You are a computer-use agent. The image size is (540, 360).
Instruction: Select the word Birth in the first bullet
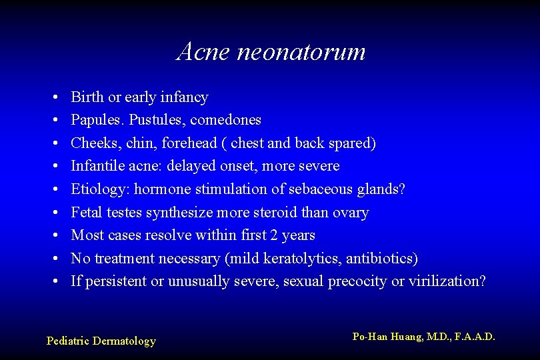[87, 97]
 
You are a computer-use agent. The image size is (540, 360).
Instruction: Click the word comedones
[230, 120]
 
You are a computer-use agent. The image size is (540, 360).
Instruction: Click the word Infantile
[96, 165]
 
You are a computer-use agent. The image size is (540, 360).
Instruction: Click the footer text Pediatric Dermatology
[101, 341]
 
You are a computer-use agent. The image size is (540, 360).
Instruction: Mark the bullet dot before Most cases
[52, 235]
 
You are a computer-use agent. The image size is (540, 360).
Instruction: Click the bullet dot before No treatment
[52, 259]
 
